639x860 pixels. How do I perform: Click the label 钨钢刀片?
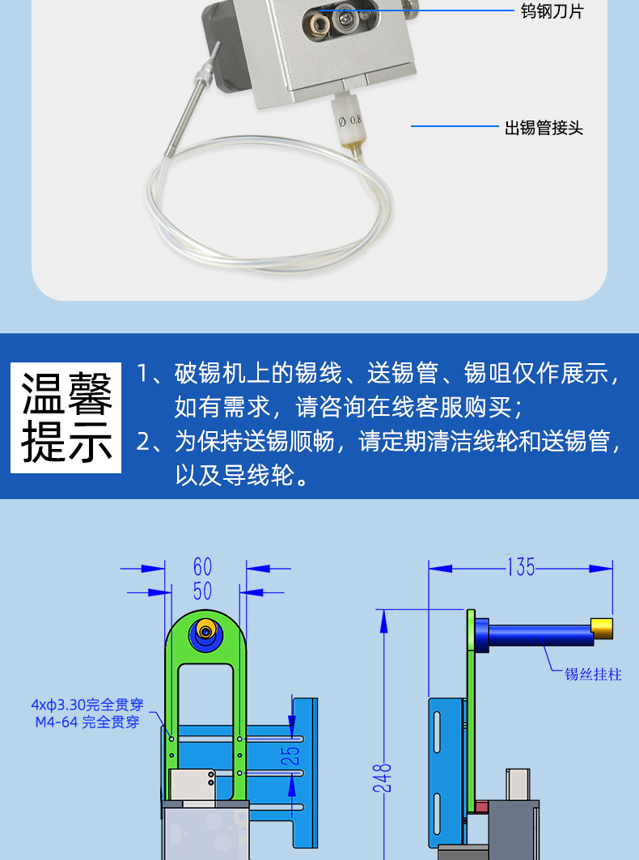[x=552, y=11]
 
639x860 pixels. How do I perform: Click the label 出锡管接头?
[x=544, y=128]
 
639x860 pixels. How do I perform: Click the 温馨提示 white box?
[x=66, y=417]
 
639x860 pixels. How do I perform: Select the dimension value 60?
[x=202, y=566]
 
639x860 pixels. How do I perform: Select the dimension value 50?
[x=202, y=591]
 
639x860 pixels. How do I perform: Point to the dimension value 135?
[x=521, y=567]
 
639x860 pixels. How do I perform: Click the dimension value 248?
[x=383, y=777]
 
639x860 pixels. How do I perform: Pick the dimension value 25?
[x=294, y=755]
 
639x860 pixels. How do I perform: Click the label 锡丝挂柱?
[x=593, y=674]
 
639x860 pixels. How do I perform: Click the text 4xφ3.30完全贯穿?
[x=87, y=704]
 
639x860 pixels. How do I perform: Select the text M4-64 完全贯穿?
[x=87, y=722]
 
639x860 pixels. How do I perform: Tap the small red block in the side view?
[x=481, y=807]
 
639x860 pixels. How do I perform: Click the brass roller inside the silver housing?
[x=320, y=23]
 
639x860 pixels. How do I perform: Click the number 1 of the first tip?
[x=142, y=374]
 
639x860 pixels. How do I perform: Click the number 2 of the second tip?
[x=142, y=442]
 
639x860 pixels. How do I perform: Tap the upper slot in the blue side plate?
[x=437, y=731]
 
